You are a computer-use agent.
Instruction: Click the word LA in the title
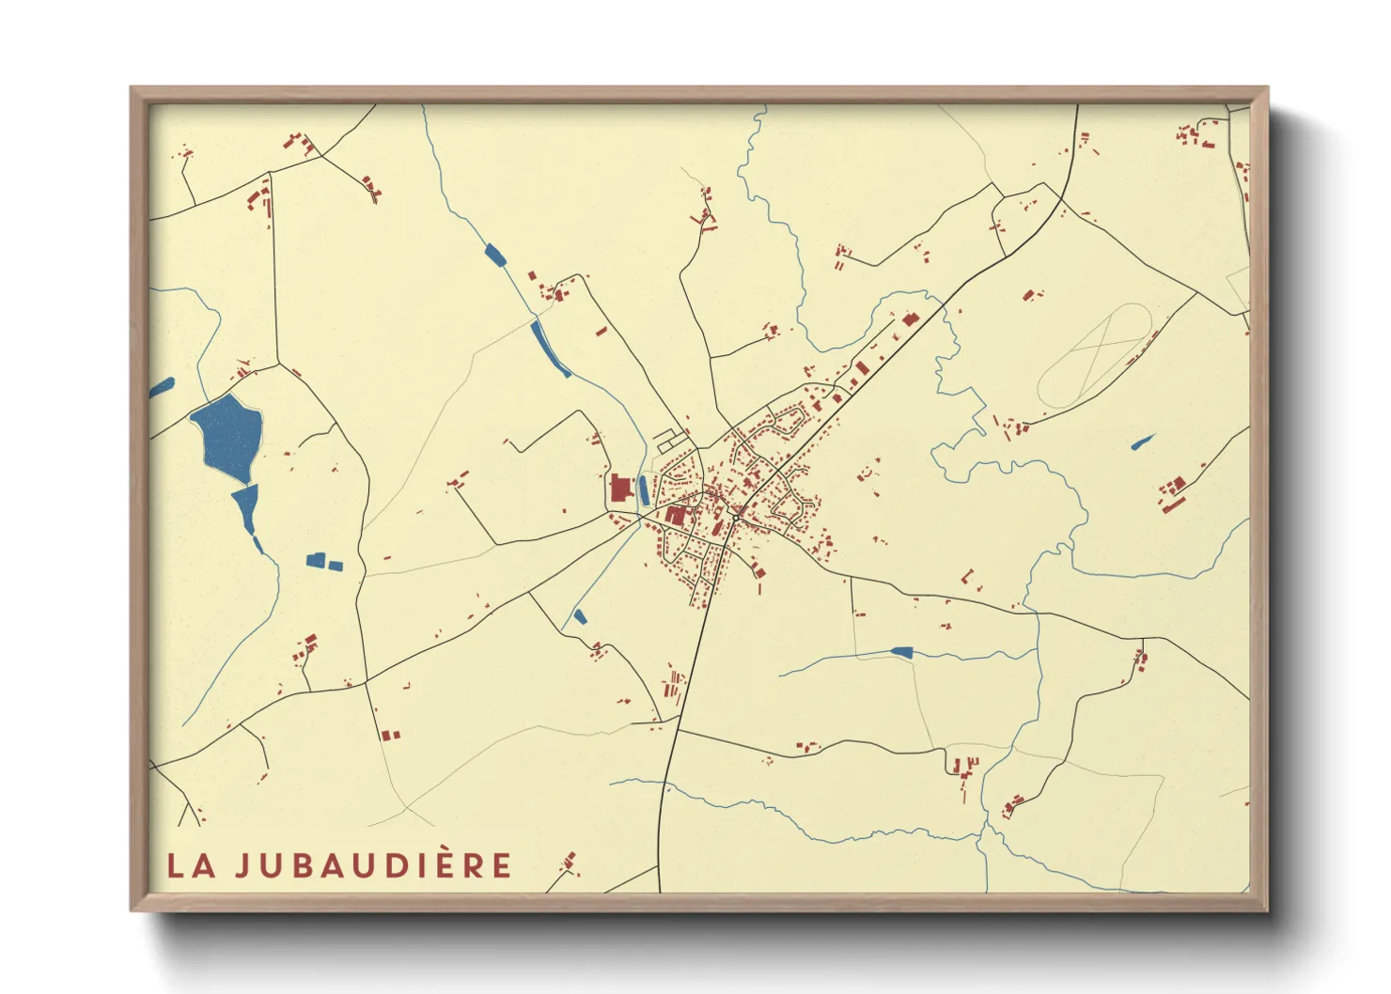pyautogui.click(x=191, y=865)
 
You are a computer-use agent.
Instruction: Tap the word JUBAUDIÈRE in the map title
pyautogui.click(x=373, y=865)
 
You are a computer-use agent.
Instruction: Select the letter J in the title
pyautogui.click(x=242, y=865)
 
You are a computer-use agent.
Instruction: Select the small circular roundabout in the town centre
pyautogui.click(x=735, y=517)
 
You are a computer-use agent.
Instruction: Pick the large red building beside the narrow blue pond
pyautogui.click(x=620, y=489)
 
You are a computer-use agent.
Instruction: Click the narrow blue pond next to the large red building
pyautogui.click(x=644, y=489)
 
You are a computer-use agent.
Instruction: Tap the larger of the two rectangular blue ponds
pyautogui.click(x=316, y=561)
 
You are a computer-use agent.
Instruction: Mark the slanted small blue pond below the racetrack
pyautogui.click(x=1142, y=442)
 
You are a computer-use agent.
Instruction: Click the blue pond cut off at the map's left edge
pyautogui.click(x=162, y=386)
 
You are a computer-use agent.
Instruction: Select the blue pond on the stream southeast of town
pyautogui.click(x=901, y=651)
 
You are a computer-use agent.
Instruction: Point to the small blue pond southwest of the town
pyautogui.click(x=579, y=617)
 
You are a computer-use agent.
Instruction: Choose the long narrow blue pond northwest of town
pyautogui.click(x=550, y=348)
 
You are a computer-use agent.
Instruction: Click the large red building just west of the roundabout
pyautogui.click(x=676, y=515)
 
